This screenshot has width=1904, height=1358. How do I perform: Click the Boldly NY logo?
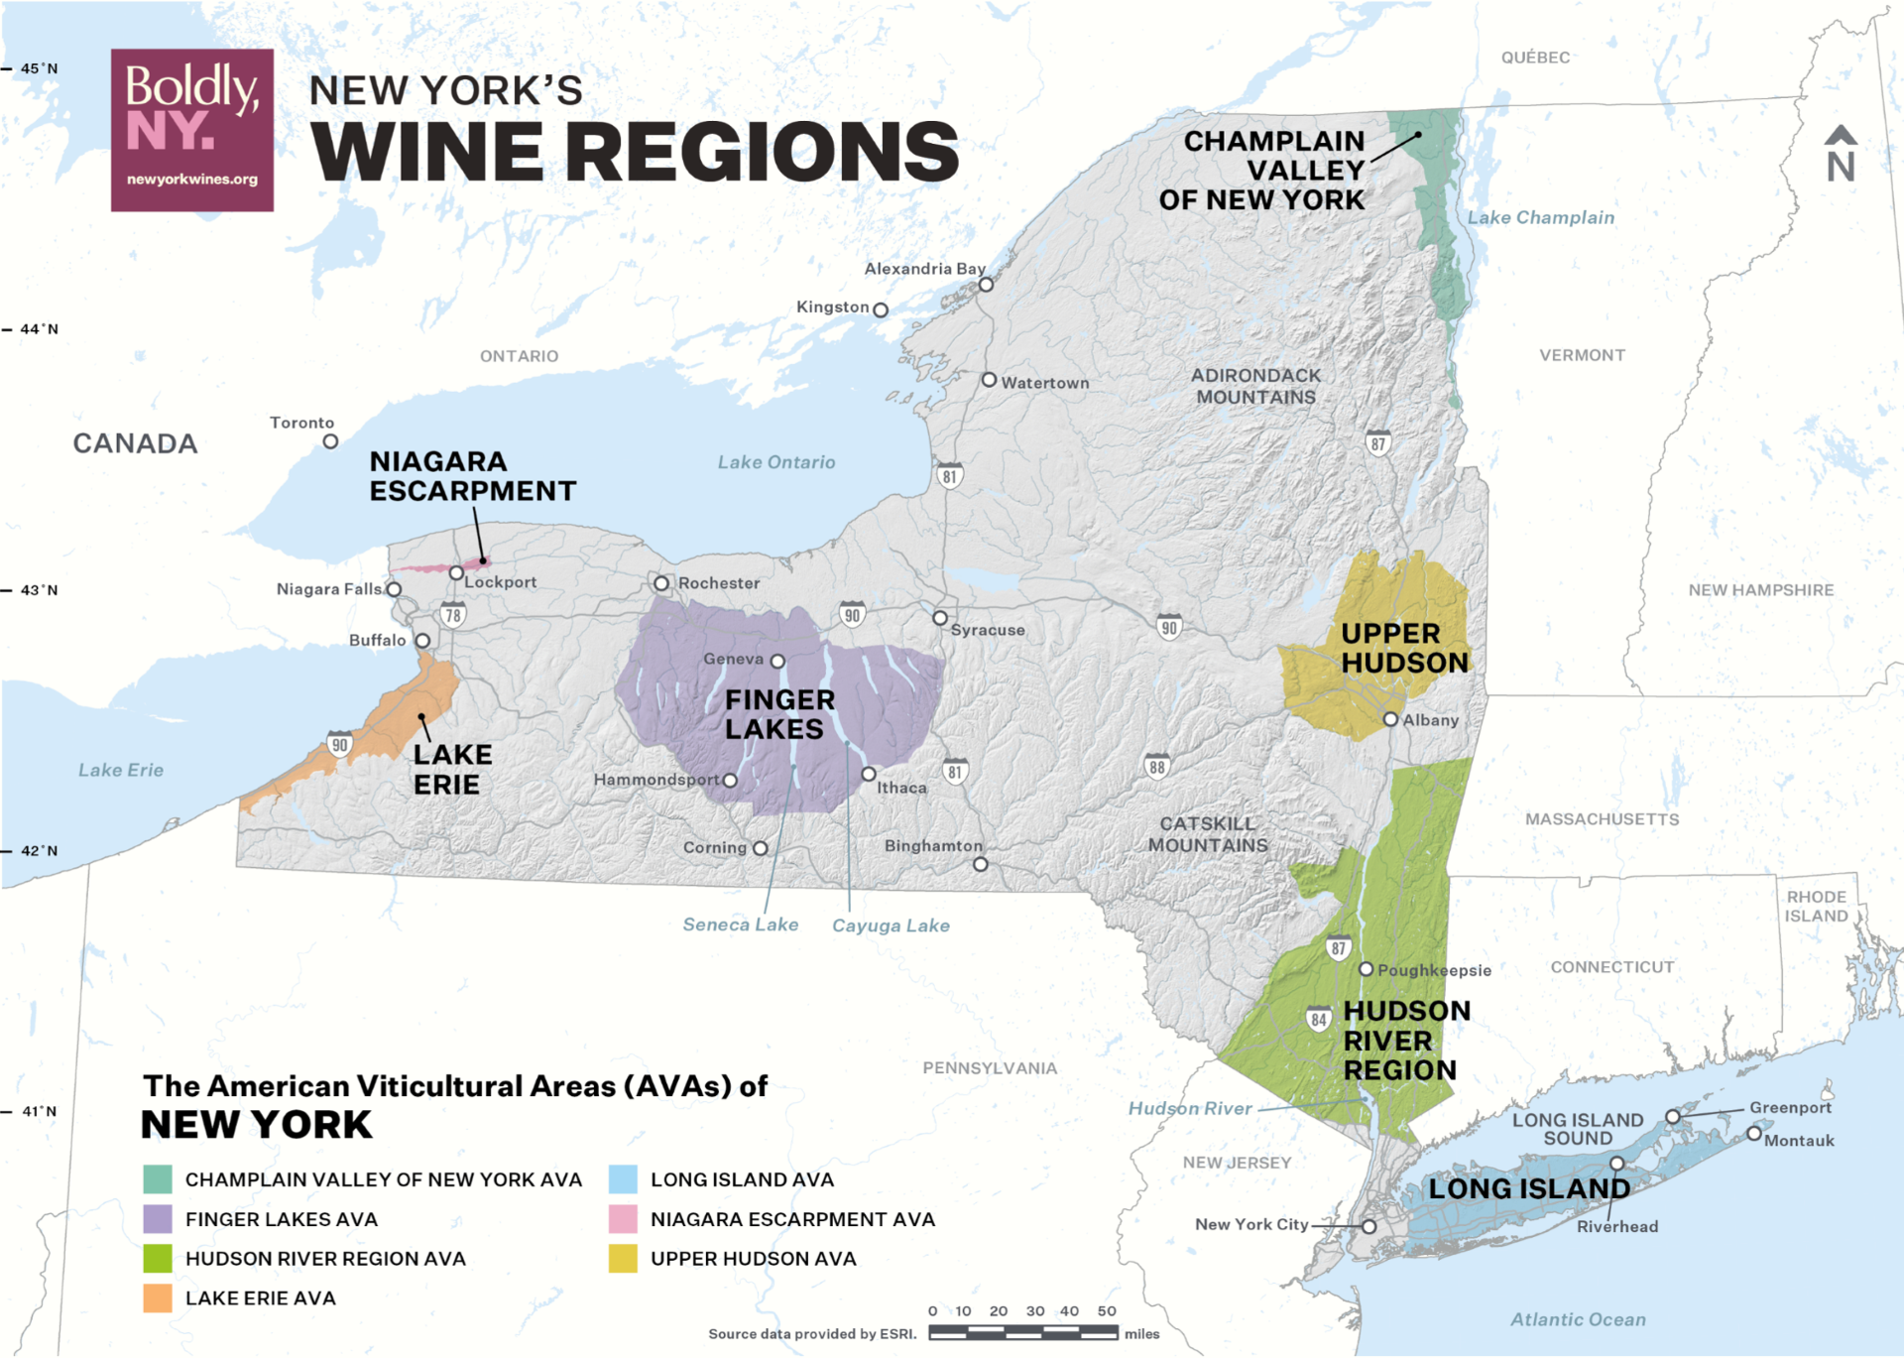click(x=191, y=130)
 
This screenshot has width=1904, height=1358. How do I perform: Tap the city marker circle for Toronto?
click(x=330, y=441)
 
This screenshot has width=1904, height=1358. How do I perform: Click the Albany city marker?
click(x=1390, y=719)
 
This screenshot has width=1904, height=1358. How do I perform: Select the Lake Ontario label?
click(x=775, y=462)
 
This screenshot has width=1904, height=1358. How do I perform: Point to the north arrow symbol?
click(x=1840, y=154)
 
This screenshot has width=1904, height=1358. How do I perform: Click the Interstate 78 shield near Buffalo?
click(x=453, y=615)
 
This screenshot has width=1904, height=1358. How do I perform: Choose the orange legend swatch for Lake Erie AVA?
click(x=158, y=1297)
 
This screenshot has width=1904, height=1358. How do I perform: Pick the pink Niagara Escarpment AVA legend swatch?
click(x=623, y=1219)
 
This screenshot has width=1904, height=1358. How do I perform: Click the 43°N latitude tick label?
click(x=39, y=590)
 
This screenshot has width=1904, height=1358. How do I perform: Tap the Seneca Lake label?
click(x=740, y=925)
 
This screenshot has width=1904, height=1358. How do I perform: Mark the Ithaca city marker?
click(x=868, y=774)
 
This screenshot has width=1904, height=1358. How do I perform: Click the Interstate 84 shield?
click(x=1318, y=1019)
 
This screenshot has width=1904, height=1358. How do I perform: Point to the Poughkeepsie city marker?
click(x=1366, y=969)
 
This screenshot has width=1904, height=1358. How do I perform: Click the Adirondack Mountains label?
click(x=1255, y=386)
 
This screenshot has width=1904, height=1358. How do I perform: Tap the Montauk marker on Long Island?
click(x=1754, y=1133)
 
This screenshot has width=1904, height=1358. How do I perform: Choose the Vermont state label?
click(x=1582, y=355)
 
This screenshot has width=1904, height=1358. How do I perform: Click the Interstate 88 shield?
click(x=1156, y=766)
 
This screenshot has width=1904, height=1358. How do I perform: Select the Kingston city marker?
click(x=880, y=309)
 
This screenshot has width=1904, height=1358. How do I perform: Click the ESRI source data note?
click(x=812, y=1334)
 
